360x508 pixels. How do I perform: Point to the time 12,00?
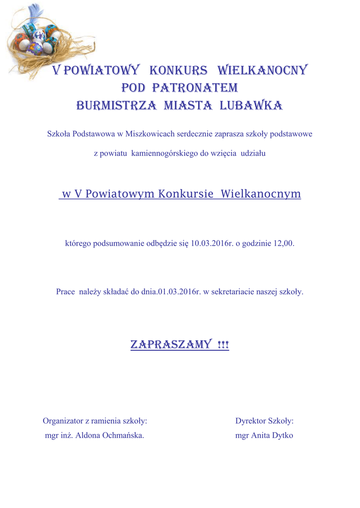284,244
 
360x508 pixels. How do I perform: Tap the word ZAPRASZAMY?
171,344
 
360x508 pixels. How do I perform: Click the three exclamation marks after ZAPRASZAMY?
223,344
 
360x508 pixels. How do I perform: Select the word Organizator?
63,421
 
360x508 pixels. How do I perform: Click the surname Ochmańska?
123,436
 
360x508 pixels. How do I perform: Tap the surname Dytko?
281,436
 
